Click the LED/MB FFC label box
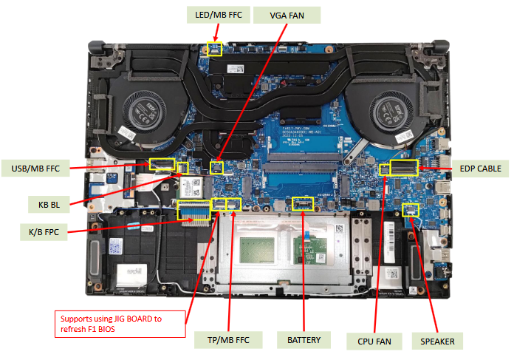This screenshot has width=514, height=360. tap(214, 15)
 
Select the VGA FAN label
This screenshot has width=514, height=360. tap(287, 15)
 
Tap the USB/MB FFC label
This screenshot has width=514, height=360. tap(35, 168)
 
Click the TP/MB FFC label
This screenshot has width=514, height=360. tap(225, 340)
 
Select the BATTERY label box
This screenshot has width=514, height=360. tap(303, 340)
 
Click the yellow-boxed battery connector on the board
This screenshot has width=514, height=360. tap(303, 203)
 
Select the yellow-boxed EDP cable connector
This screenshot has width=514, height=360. tap(404, 167)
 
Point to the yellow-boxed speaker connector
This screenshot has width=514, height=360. tap(411, 209)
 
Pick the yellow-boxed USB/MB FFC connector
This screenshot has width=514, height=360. tap(162, 163)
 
